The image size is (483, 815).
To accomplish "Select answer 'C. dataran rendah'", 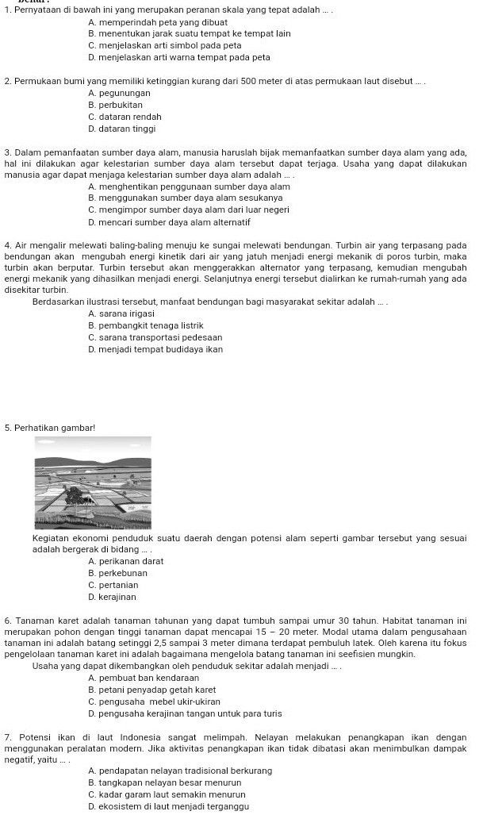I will coord(125,117).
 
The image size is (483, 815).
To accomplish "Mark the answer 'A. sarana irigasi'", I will coord(121,314).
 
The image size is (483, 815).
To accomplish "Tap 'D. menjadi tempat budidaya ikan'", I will coord(155,349).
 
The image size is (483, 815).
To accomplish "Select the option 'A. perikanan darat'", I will coord(126,562).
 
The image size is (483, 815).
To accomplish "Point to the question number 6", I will coord(6,619).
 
